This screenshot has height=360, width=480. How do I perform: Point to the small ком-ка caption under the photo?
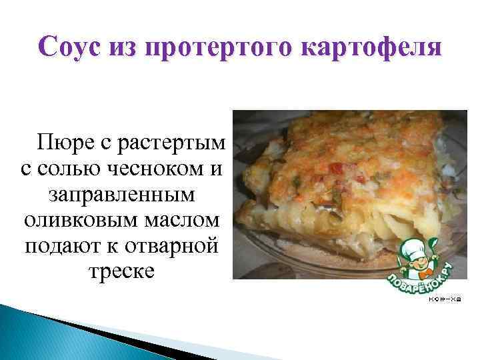[445, 299]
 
